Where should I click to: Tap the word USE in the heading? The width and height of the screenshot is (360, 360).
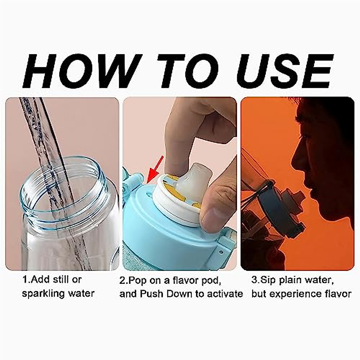pyautogui.click(x=285, y=71)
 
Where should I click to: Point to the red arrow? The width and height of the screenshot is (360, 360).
pyautogui.click(x=154, y=170)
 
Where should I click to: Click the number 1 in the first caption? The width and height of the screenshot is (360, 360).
pyautogui.click(x=25, y=280)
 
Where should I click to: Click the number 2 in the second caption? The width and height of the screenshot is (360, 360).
pyautogui.click(x=122, y=280)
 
